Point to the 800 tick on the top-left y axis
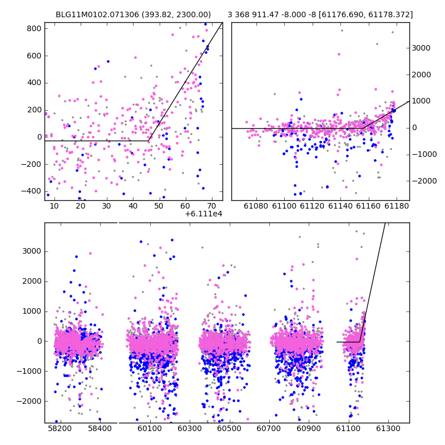click(34, 29)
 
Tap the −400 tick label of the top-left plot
click(31, 191)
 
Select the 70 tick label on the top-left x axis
click(211, 206)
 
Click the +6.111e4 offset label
click(204, 214)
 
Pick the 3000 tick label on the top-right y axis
click(421, 48)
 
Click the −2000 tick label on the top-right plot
click(424, 181)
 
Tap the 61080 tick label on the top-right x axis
click(256, 206)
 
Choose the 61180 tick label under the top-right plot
click(397, 206)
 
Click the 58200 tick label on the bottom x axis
click(60, 428)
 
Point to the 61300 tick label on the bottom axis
click(388, 428)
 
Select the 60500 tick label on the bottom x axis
click(229, 428)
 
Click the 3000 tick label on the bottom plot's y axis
click(32, 251)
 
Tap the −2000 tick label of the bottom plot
click(29, 401)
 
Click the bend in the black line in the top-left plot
click(148, 141)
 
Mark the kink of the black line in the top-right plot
click(363, 128)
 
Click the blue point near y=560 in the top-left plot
click(108, 61)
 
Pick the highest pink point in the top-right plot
click(339, 54)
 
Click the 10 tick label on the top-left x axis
click(54, 206)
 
